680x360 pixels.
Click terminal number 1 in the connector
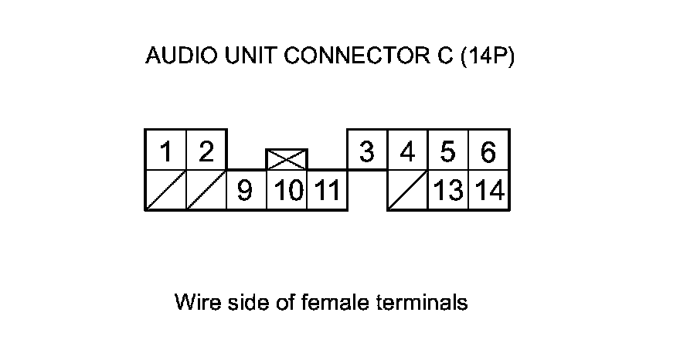click(165, 150)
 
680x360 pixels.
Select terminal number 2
click(206, 150)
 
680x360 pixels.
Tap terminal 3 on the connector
click(367, 150)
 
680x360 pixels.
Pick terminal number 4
click(407, 150)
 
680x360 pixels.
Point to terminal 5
click(447, 150)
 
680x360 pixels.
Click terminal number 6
click(488, 150)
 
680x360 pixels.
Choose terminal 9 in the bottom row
click(246, 190)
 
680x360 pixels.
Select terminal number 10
click(287, 190)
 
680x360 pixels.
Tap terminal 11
click(327, 190)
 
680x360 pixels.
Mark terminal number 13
click(448, 190)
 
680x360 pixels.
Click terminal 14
click(488, 190)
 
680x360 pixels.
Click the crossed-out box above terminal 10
click(287, 159)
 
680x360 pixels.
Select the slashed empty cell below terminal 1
click(165, 190)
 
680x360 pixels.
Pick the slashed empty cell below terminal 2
click(206, 190)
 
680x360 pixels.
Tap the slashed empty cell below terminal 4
click(407, 190)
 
